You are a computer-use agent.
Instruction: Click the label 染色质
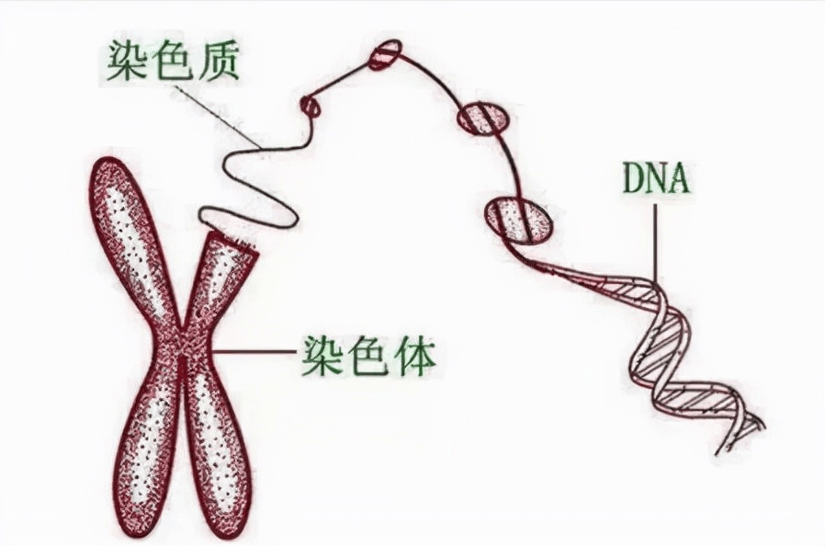(x=174, y=60)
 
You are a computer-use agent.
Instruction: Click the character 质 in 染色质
(x=219, y=60)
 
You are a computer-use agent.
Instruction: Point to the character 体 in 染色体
(x=412, y=351)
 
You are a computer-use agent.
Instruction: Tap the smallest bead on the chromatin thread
(x=311, y=107)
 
